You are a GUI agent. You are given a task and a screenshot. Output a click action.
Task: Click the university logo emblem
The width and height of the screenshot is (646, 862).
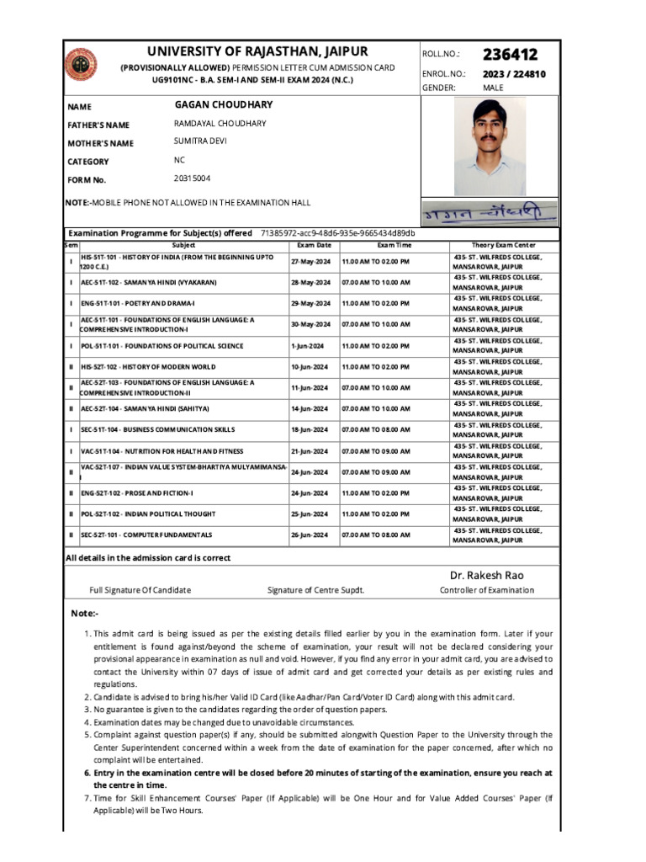pos(82,65)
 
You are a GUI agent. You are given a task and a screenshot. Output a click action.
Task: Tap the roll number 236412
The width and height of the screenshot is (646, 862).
pos(510,54)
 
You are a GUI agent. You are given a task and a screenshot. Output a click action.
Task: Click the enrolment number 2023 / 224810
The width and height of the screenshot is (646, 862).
pos(514,74)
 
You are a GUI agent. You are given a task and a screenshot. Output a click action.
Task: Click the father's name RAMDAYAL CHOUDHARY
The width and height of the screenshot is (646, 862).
pos(220,124)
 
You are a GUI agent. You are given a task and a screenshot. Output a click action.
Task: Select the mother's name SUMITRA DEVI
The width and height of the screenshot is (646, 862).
pos(200,141)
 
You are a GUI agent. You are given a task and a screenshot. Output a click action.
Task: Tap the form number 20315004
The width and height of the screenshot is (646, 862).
pos(192,178)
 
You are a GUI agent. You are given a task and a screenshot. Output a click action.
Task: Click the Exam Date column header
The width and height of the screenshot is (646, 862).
pos(314,244)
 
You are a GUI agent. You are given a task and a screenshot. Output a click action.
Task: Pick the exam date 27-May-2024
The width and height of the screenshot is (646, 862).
pos(311,262)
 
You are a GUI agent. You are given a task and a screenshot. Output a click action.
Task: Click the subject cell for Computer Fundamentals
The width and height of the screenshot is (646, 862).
pos(146,535)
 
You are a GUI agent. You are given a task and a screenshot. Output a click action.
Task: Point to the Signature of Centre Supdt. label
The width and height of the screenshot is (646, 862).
pos(315,590)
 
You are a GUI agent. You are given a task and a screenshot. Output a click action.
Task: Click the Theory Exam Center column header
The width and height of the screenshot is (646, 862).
pos(503,244)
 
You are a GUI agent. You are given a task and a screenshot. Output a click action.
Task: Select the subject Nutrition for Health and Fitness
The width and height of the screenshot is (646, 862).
pos(161,451)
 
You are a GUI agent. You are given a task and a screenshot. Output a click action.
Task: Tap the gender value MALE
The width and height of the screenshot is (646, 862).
pos(493,88)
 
